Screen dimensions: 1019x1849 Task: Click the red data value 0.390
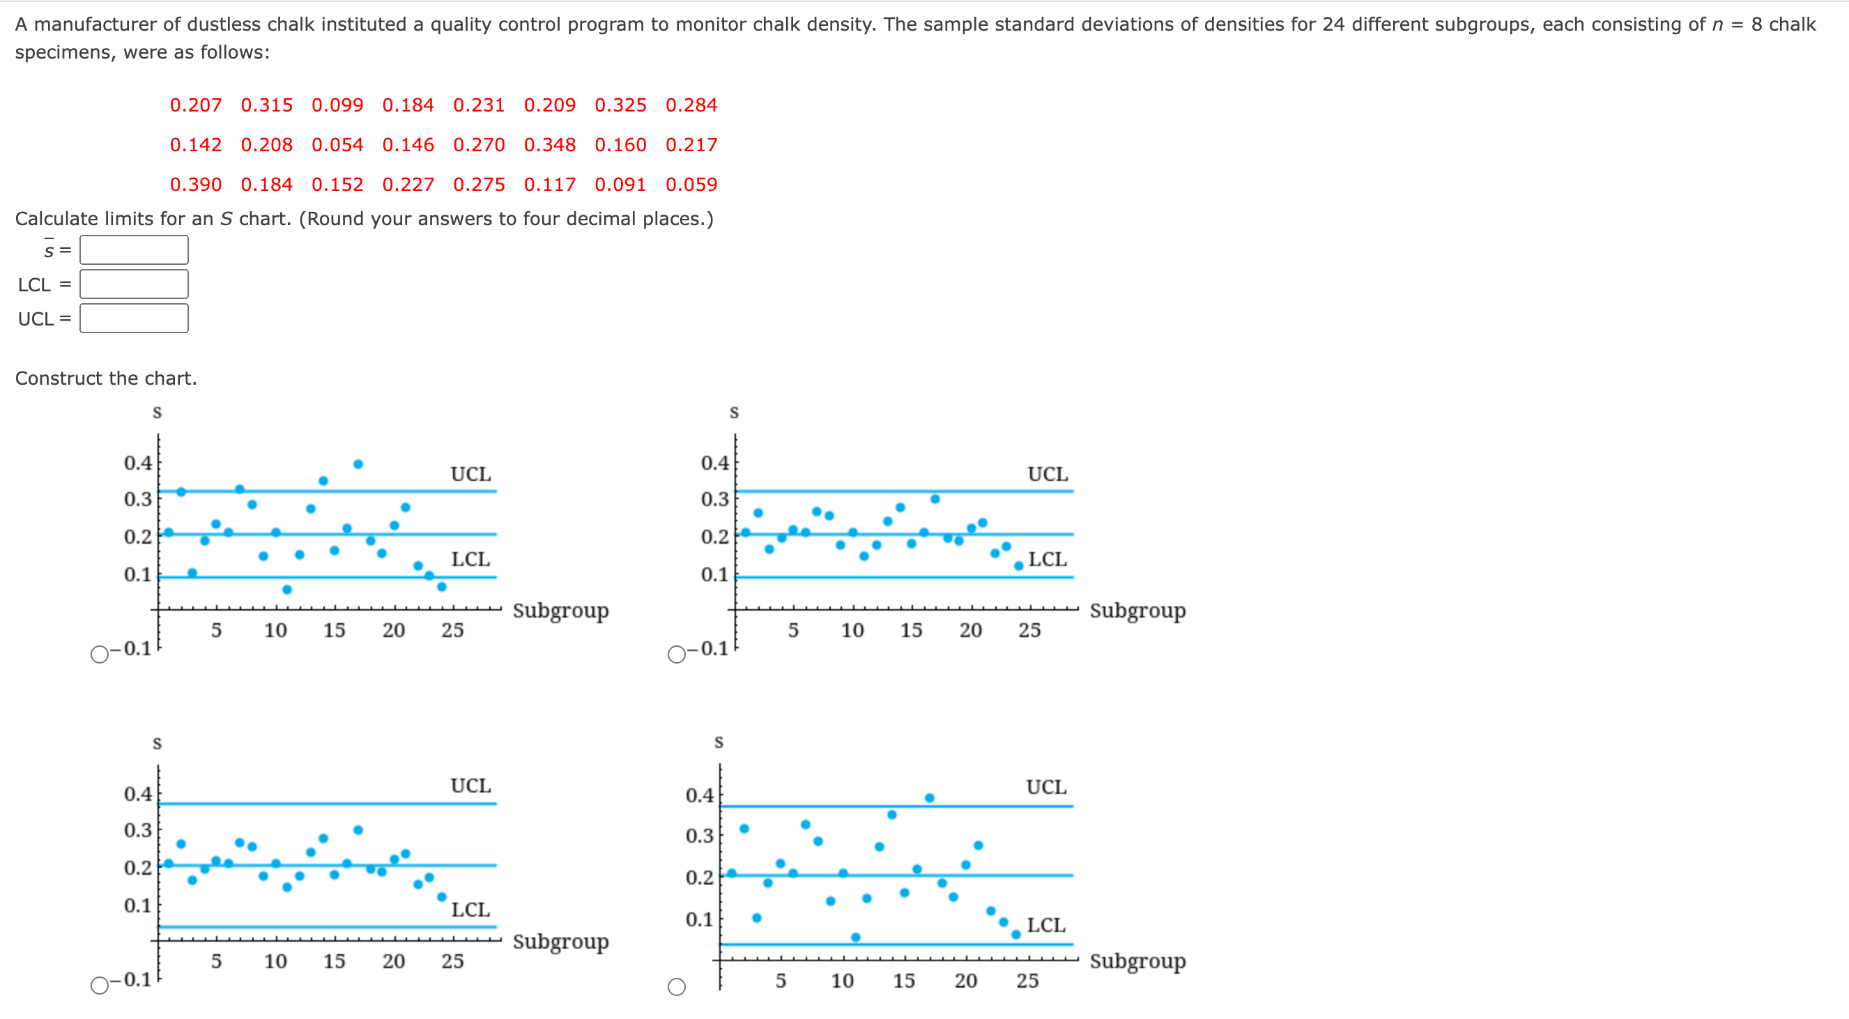[195, 185]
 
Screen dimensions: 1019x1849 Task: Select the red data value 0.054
[337, 145]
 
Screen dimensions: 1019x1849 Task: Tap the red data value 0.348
[550, 145]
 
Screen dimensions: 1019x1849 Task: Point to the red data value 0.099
[337, 105]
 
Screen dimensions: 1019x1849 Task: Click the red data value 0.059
[691, 185]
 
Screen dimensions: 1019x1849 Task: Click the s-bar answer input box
[135, 250]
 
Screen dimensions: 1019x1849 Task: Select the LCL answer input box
[135, 284]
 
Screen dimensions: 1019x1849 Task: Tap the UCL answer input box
[135, 319]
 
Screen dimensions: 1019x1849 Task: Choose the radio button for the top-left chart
[100, 654]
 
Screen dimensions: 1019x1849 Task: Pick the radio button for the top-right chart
[676, 654]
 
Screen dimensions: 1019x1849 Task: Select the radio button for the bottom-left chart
[100, 986]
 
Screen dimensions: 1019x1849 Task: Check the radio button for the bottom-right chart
[676, 987]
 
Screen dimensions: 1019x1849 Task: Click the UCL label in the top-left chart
[471, 475]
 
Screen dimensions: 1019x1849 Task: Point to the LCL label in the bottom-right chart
[1046, 925]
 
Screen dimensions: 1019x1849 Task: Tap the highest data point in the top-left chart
[358, 464]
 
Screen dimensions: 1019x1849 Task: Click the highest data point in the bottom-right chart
[930, 798]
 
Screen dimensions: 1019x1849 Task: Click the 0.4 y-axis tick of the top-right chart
[714, 463]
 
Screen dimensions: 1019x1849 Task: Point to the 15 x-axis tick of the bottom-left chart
[334, 961]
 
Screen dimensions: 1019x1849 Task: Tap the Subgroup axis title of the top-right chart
[1137, 611]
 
